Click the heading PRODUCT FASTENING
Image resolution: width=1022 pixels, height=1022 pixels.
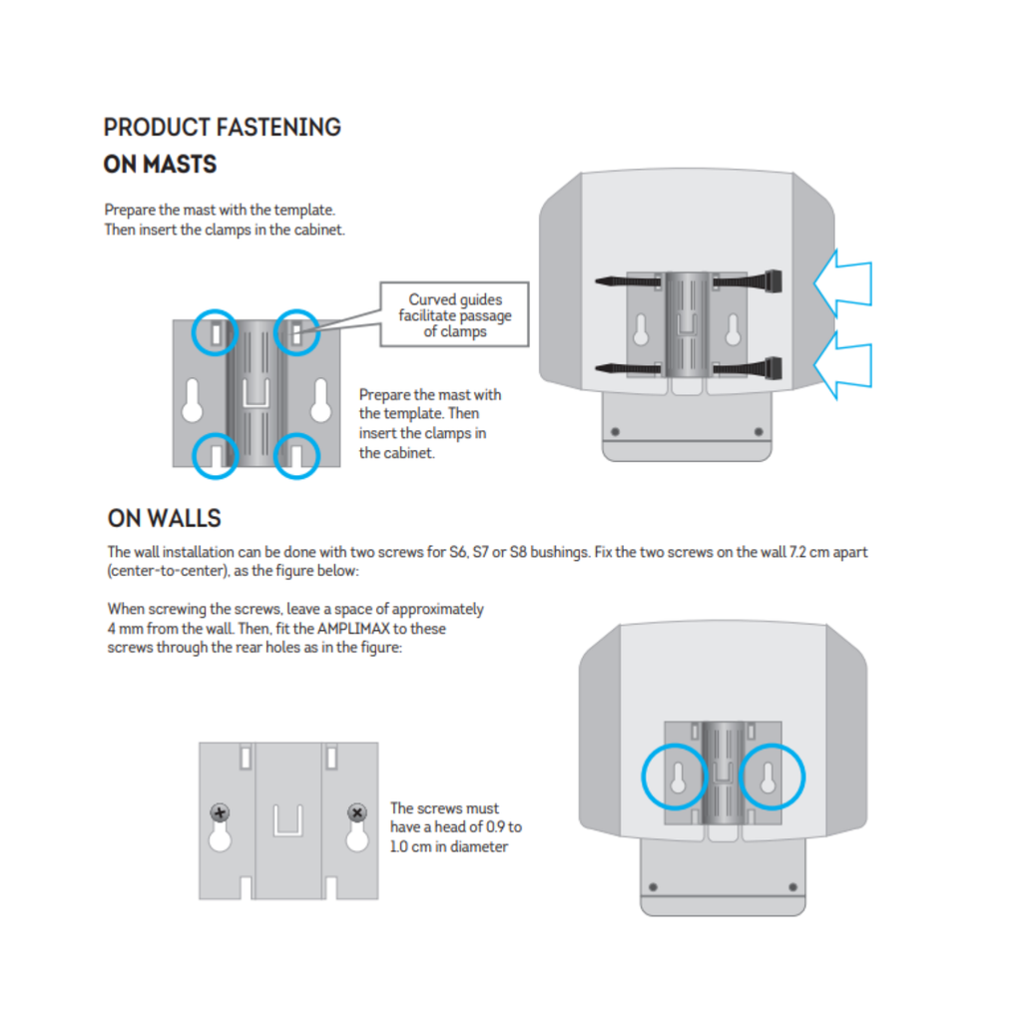point(222,128)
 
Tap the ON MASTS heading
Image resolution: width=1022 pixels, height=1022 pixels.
point(160,165)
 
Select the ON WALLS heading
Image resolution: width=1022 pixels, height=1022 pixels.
point(164,519)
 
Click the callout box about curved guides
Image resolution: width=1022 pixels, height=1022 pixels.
point(455,314)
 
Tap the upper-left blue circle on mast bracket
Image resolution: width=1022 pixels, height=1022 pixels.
point(215,332)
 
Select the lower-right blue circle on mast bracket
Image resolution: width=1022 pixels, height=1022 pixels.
point(295,455)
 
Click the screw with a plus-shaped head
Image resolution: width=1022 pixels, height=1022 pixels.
point(221,812)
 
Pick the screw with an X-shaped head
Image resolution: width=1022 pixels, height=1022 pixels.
point(356,812)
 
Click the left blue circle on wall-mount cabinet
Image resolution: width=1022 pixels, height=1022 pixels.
point(678,777)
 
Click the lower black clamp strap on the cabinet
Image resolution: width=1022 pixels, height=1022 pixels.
point(689,365)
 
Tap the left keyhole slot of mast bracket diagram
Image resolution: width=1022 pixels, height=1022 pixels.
point(193,402)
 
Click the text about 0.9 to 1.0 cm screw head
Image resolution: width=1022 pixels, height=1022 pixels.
point(455,827)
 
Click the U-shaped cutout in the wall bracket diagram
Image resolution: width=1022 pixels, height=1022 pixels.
point(288,819)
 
